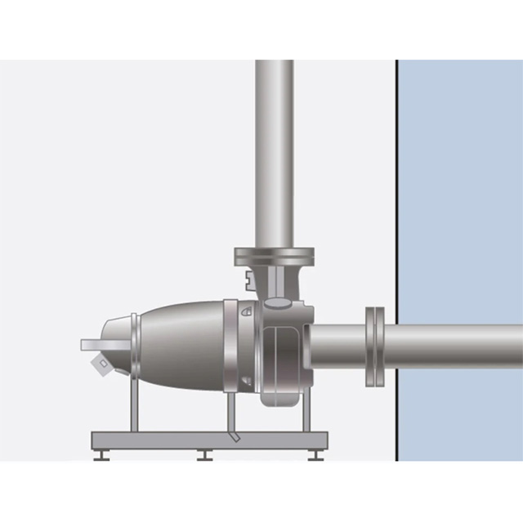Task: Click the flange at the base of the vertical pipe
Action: (x=274, y=257)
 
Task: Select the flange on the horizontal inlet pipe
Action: (x=374, y=346)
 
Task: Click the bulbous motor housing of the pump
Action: (x=184, y=343)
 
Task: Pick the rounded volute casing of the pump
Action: (x=282, y=360)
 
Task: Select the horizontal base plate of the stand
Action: (x=208, y=440)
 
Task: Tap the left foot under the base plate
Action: (x=101, y=454)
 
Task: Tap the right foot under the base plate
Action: (x=315, y=454)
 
